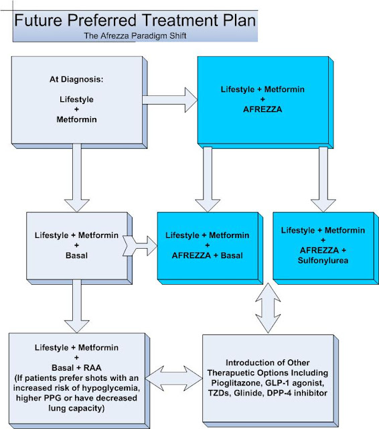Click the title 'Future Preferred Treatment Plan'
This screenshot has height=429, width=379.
[x=135, y=19]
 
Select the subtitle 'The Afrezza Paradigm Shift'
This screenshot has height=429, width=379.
[x=134, y=36]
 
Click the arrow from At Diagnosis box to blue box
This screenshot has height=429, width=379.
[x=169, y=101]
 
